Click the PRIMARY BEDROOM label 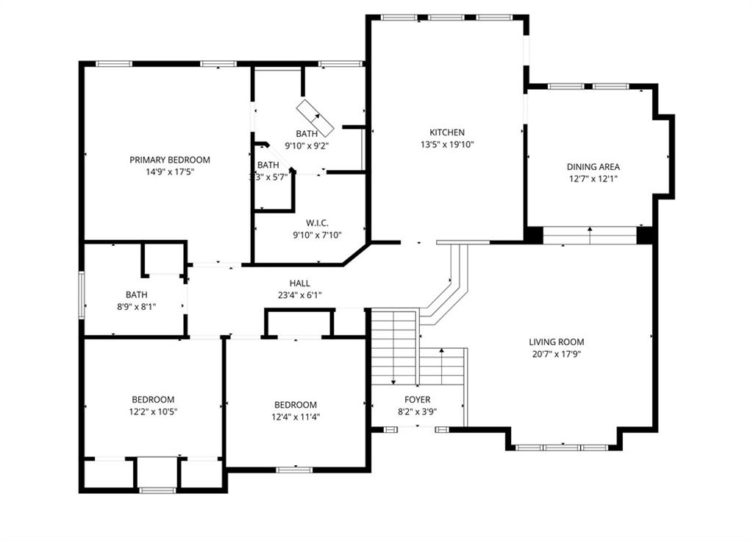[x=170, y=160]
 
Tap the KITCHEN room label [x=447, y=132]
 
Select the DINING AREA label [x=593, y=167]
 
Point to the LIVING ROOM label [x=557, y=342]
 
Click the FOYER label [x=418, y=399]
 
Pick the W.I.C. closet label [x=317, y=223]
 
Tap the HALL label [x=300, y=283]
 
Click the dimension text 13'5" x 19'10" [x=447, y=144]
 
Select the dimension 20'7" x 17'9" [x=557, y=355]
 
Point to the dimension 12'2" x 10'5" [x=153, y=411]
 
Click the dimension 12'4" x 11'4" [x=296, y=417]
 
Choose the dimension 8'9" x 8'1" [x=136, y=306]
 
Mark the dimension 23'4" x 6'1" [x=300, y=295]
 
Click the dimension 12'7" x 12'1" [x=593, y=179]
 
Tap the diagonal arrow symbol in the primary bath [x=315, y=119]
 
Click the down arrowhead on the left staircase [x=393, y=382]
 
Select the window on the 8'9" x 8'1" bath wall [x=82, y=294]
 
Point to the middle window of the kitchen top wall [x=446, y=18]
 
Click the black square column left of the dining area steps [x=533, y=235]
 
